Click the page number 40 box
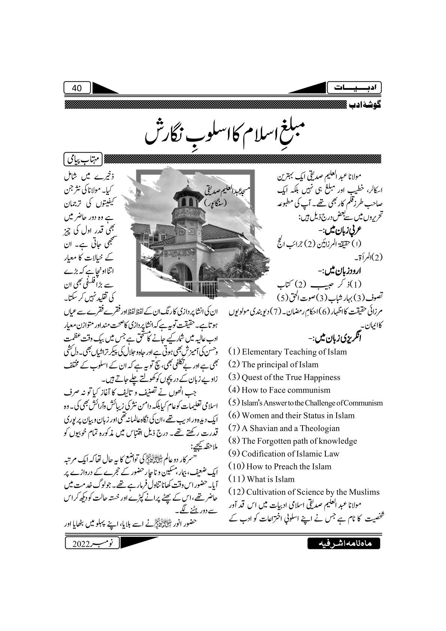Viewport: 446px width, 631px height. coord(77,88)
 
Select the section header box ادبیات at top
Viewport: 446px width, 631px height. coord(354,88)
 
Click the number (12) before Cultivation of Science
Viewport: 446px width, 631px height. coord(236,492)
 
